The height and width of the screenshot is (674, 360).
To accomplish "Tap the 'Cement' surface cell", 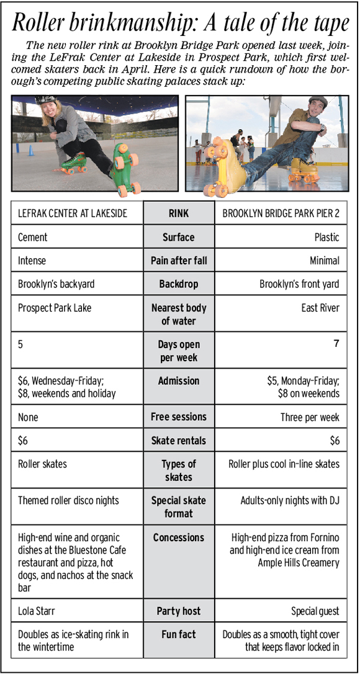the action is click(x=33, y=237).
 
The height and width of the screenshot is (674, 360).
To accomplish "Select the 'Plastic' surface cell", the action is click(x=326, y=237).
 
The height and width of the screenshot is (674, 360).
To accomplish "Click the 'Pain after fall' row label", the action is click(x=179, y=261).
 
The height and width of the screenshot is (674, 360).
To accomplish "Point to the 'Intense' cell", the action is click(x=32, y=261).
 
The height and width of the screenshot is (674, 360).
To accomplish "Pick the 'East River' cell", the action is click(x=321, y=308).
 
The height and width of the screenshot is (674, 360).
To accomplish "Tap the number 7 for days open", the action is click(x=336, y=343).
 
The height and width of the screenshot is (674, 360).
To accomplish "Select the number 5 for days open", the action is click(x=21, y=344).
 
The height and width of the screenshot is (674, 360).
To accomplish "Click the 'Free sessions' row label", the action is click(x=179, y=417).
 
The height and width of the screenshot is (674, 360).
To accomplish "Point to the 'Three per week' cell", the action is click(x=310, y=417).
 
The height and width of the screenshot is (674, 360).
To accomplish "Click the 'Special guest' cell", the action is click(x=315, y=611).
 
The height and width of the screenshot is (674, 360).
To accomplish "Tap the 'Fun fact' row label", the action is click(x=179, y=634).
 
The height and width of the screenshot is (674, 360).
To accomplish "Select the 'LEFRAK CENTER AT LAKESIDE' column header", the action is click(x=73, y=213).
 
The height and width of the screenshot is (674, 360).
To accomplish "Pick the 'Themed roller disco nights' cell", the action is click(x=68, y=500).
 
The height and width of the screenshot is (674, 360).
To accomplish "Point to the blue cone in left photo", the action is click(x=31, y=150).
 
